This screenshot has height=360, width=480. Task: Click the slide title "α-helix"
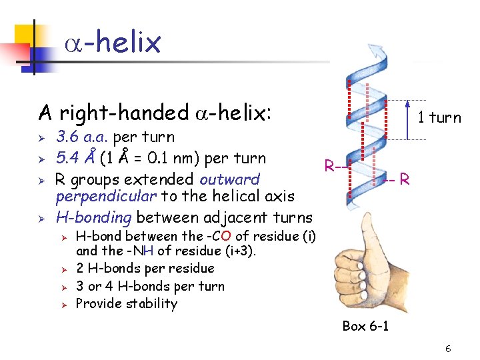click(x=113, y=43)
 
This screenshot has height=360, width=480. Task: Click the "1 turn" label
click(x=439, y=118)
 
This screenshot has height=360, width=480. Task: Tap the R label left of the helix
click(x=329, y=165)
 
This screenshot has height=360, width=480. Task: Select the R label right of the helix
click(x=404, y=179)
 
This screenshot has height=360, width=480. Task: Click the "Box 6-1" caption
click(x=365, y=326)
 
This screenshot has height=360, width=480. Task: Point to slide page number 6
click(x=448, y=349)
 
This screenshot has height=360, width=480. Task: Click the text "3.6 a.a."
click(x=83, y=137)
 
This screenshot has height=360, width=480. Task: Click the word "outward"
click(x=230, y=179)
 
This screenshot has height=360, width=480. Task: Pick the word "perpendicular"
click(x=97, y=196)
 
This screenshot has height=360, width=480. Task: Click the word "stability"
click(x=154, y=304)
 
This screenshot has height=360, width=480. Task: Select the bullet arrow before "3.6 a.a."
click(x=41, y=138)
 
